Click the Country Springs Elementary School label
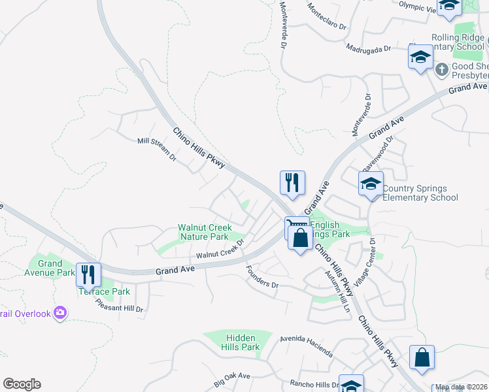point(420,193)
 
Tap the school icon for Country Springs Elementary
point(371,184)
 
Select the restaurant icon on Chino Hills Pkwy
point(292,183)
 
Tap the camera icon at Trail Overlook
point(60,314)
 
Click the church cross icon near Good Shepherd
point(441,69)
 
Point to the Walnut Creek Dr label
point(220,248)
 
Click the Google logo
point(22,384)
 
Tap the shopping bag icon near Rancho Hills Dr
point(422,357)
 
